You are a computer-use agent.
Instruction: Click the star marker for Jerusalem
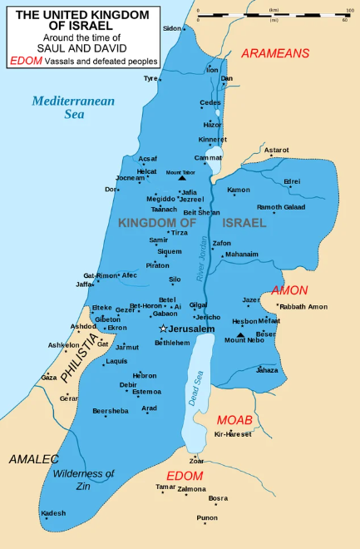[x=163, y=329]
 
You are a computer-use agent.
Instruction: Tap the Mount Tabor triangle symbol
[x=182, y=178]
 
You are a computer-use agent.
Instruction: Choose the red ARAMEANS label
[x=274, y=53]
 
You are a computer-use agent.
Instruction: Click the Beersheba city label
[x=111, y=411]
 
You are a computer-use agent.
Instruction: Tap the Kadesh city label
[x=53, y=512]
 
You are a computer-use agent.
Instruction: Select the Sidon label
[x=171, y=28]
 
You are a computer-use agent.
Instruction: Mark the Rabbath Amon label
[x=303, y=307]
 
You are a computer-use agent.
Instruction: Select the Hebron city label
[x=145, y=375]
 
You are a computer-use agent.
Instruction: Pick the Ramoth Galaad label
[x=281, y=207]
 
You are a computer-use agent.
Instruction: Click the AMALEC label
[x=34, y=459]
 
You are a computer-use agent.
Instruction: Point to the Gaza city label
[x=49, y=378]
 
